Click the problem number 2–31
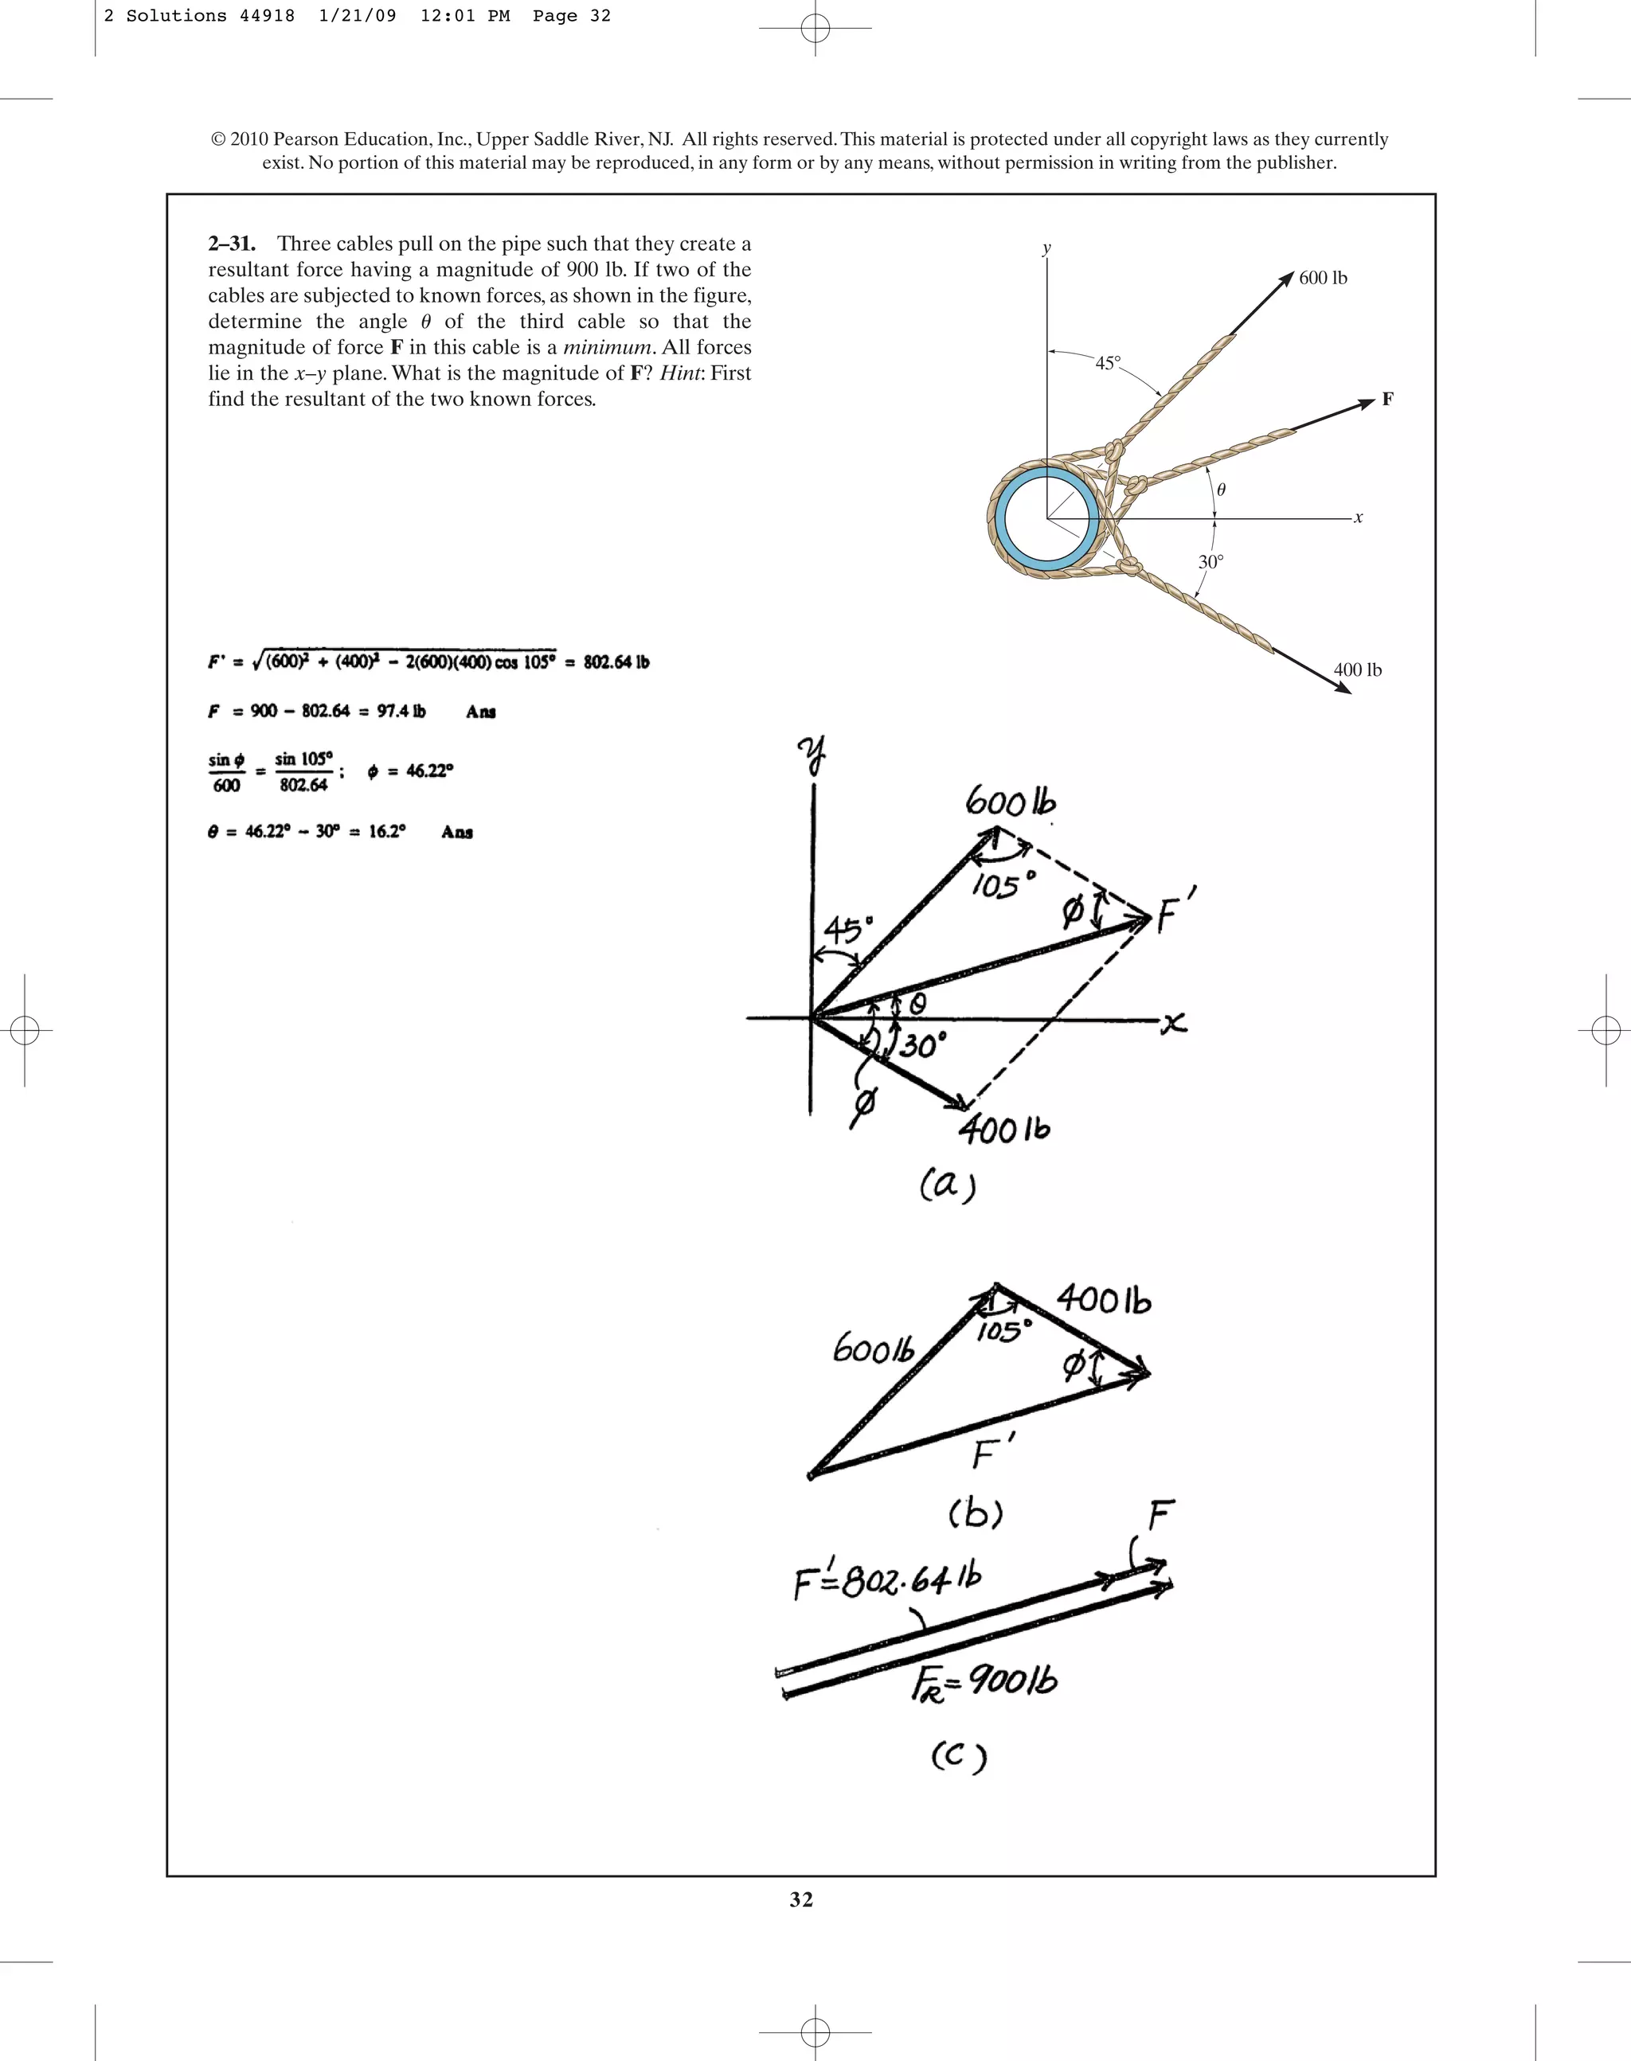click(x=232, y=244)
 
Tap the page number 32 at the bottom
click(x=801, y=1899)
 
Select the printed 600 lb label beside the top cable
click(x=1323, y=278)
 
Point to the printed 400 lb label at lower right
click(x=1357, y=670)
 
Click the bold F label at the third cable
click(x=1387, y=399)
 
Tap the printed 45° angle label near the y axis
click(x=1108, y=364)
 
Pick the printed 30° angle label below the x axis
click(x=1210, y=562)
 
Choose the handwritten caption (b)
click(x=975, y=1515)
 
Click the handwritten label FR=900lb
click(x=984, y=1682)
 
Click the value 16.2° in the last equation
click(x=387, y=831)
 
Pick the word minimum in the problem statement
click(x=606, y=347)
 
